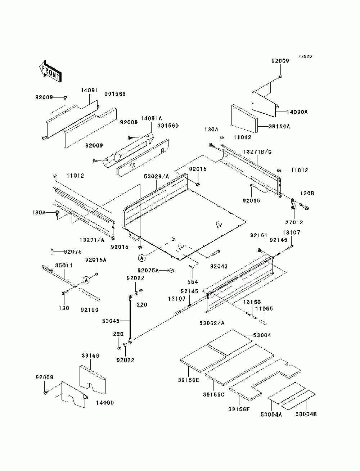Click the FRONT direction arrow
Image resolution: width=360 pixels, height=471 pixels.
pyautogui.click(x=50, y=71)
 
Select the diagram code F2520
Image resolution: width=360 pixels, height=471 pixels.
pyautogui.click(x=305, y=56)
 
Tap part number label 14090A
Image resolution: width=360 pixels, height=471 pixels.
pyautogui.click(x=297, y=112)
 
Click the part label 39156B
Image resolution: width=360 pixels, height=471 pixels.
pyautogui.click(x=115, y=94)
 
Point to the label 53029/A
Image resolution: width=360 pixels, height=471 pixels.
pyautogui.click(x=157, y=176)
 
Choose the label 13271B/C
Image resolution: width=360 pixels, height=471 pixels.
pyautogui.click(x=257, y=152)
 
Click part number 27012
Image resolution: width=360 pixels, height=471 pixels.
pyautogui.click(x=294, y=222)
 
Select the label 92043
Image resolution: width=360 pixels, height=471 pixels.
pyautogui.click(x=219, y=266)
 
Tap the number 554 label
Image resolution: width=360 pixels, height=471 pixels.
pyautogui.click(x=193, y=282)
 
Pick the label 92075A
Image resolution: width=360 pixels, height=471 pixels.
pyautogui.click(x=148, y=270)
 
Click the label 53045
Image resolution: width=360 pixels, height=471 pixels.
pyautogui.click(x=111, y=321)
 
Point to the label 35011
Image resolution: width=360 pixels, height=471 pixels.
pyautogui.click(x=64, y=266)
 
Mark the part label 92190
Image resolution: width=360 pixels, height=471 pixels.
pyautogui.click(x=90, y=310)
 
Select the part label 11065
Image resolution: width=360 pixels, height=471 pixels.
pyautogui.click(x=264, y=309)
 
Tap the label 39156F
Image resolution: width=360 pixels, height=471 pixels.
pyautogui.click(x=239, y=409)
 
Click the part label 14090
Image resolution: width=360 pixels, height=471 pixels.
pyautogui.click(x=105, y=403)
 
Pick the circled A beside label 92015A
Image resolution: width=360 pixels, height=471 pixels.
pyautogui.click(x=86, y=280)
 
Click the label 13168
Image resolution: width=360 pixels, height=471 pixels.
pyautogui.click(x=252, y=302)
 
